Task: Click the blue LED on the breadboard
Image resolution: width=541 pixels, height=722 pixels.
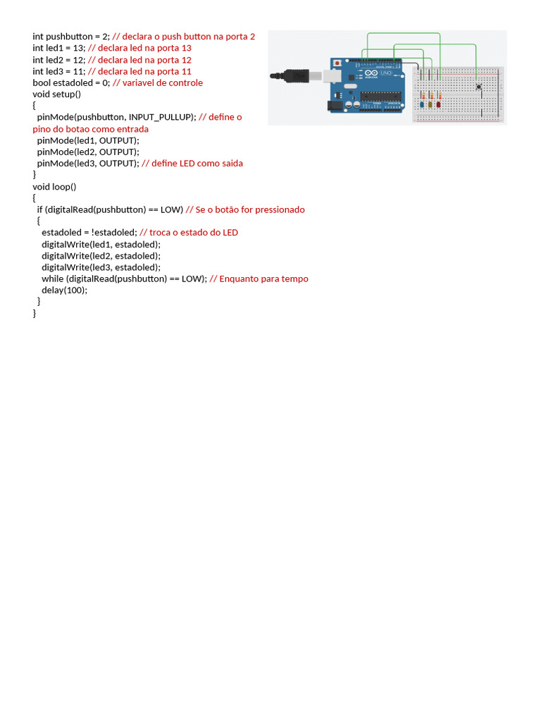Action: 422,105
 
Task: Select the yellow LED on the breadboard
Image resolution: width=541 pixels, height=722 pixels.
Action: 430,105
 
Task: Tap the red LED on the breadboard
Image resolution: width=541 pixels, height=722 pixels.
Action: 438,105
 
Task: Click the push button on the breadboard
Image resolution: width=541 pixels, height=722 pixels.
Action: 479,87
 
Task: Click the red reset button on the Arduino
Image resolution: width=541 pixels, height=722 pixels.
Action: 339,63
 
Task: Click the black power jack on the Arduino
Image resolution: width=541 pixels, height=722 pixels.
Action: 336,105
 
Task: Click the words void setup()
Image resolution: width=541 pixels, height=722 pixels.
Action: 57,94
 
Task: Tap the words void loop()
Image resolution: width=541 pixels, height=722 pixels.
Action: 54,186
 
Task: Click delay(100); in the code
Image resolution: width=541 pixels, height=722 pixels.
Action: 64,290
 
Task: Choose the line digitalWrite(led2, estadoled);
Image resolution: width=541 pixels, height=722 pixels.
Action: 101,255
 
